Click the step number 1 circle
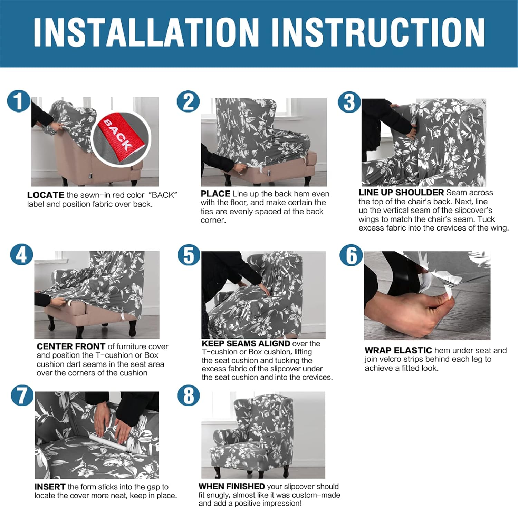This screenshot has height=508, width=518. pos(19,101)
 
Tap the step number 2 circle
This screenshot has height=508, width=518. pos(188,102)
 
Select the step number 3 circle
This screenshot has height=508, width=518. pos(349,102)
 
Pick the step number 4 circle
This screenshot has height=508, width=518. pos(21,255)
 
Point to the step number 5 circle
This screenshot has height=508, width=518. pos(189,255)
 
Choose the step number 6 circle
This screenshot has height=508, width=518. pos(351,255)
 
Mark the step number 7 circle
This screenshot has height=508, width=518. pos(22,395)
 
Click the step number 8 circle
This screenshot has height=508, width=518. pos(189,395)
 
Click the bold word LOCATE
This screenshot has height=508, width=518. pos(46,195)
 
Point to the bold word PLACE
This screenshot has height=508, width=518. pos(215,194)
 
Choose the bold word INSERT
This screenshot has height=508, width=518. pos(50,487)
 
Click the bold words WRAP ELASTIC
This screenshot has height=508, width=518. pos(399,350)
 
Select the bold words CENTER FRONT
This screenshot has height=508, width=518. pos(71,346)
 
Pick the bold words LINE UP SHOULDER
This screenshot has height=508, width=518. pos(401,192)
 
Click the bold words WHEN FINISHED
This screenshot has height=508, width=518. pos(232,486)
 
